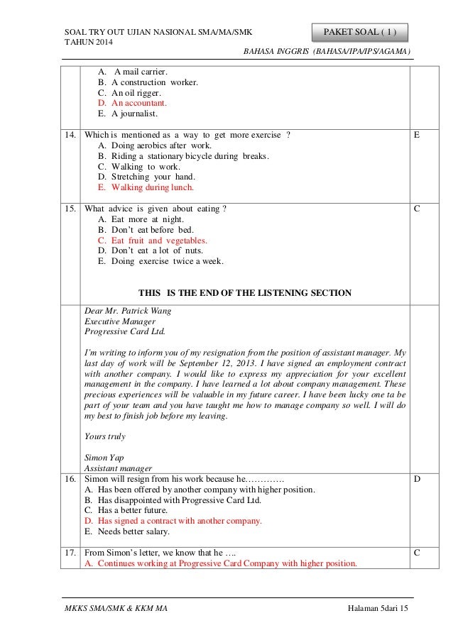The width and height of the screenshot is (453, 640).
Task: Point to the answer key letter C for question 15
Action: pos(415,209)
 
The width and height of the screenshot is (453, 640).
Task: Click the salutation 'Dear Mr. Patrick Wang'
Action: pos(128,310)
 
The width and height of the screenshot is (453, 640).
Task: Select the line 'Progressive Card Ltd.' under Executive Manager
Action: pos(124,331)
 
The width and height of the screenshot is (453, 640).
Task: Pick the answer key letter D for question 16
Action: pos(415,480)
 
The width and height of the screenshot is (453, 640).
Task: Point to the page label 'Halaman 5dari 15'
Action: pos(383,609)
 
